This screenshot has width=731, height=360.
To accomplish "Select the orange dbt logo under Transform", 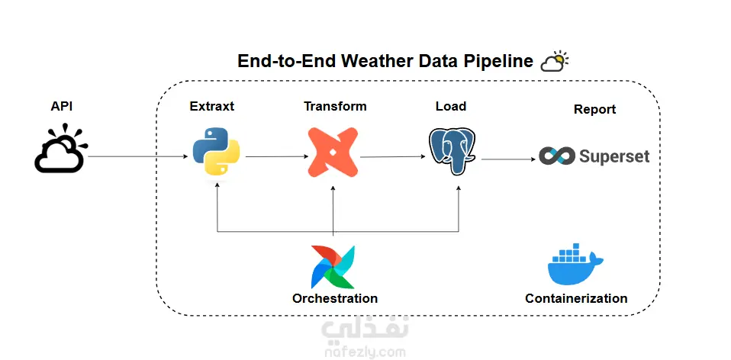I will [333, 152].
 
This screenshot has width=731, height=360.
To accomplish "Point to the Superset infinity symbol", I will [556, 156].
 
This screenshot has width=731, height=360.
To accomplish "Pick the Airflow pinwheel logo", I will [333, 266].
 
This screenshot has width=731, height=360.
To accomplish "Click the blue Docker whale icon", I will [575, 265].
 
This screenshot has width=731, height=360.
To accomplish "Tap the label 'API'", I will [61, 107].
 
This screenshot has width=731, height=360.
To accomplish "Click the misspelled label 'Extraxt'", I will [212, 107].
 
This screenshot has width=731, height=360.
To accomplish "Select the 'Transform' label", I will [335, 107].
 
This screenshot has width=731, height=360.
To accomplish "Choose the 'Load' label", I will [451, 107].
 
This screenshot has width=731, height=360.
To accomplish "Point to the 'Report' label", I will [594, 110].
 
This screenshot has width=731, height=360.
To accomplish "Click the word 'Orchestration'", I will [335, 298].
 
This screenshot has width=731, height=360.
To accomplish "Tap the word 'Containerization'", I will [576, 298].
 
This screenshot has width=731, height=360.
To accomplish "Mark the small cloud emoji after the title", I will [554, 61].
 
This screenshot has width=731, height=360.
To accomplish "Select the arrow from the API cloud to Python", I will [137, 157].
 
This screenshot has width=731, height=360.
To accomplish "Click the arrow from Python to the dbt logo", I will [275, 157].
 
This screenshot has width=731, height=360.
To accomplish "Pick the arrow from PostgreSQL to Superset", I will [507, 159].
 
